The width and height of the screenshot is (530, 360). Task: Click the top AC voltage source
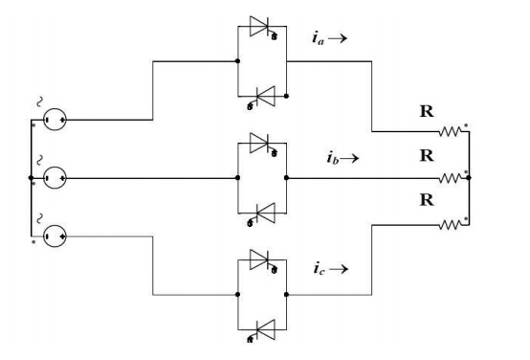[55, 121]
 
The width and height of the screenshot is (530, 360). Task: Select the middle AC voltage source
[55, 178]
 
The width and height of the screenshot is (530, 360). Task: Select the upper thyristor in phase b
[263, 144]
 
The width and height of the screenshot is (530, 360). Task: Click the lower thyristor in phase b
[263, 211]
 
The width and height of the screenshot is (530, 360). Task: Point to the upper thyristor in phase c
[263, 259]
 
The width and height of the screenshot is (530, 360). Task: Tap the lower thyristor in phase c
[263, 326]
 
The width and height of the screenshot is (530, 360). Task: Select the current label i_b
[333, 156]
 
